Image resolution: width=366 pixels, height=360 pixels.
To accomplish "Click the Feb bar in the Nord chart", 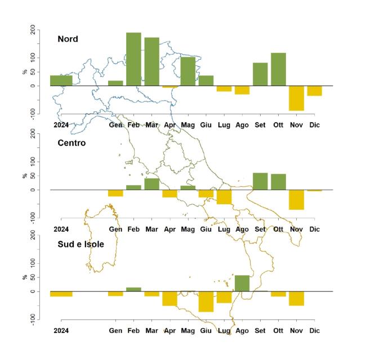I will [133, 59].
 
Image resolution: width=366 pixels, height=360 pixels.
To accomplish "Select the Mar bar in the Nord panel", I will [151, 62].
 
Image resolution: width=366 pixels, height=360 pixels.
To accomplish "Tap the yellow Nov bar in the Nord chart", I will [296, 98].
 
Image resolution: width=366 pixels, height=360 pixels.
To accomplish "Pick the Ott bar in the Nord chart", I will [278, 69].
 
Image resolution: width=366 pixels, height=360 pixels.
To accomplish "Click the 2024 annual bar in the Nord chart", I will [61, 80].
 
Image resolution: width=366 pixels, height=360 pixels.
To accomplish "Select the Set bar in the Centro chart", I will [260, 181].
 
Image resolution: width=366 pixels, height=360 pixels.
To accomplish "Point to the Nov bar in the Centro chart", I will [296, 200].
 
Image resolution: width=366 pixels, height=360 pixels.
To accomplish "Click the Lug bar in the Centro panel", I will [224, 197].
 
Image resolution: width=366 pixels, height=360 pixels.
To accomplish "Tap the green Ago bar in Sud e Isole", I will [242, 283].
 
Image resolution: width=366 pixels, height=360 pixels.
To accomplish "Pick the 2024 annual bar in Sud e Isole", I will [61, 294].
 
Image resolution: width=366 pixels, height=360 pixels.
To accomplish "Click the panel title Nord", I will [68, 39].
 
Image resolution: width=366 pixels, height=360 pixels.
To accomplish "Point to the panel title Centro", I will [72, 143].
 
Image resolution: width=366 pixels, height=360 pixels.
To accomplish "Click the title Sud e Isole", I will [81, 244].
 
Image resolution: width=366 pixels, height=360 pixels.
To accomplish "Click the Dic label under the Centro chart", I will [314, 229].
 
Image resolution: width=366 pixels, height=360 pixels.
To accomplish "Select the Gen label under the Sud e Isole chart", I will [115, 331].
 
